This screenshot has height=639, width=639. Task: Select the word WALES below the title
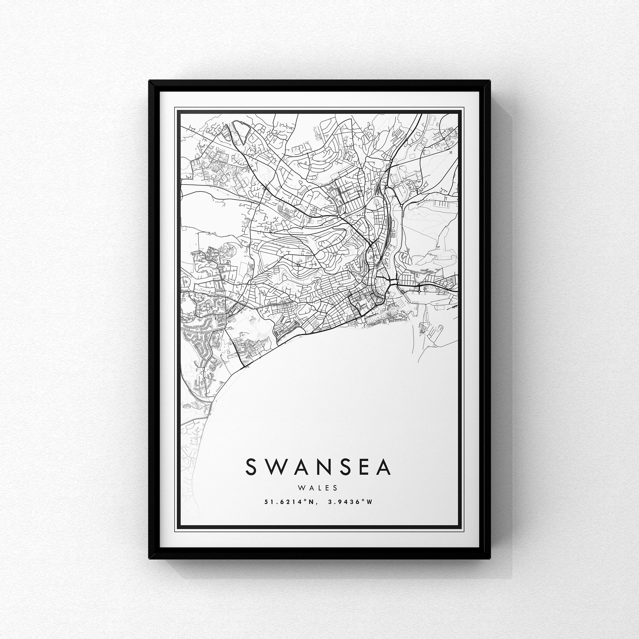[x=318, y=488]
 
